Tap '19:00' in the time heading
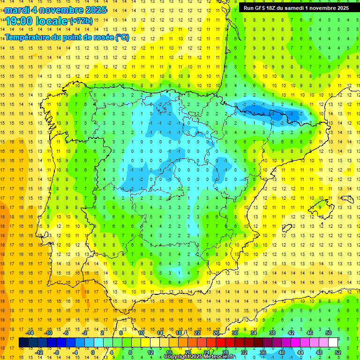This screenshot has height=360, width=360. point(18,21)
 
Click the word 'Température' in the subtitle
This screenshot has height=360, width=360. point(27,37)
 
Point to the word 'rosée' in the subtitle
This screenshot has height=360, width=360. point(103,37)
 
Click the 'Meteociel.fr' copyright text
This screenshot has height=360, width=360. point(218,357)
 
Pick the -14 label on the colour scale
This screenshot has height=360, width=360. point(30,332)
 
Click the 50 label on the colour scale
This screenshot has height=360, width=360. point(329,332)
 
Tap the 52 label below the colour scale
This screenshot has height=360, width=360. point(338,352)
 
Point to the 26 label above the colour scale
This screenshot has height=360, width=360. point(216,332)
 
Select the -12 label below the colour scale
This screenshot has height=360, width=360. point(39,352)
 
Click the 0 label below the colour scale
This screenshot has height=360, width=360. point(93,352)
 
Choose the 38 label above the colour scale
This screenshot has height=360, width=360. point(272,332)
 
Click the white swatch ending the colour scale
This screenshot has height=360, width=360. point(333,342)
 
